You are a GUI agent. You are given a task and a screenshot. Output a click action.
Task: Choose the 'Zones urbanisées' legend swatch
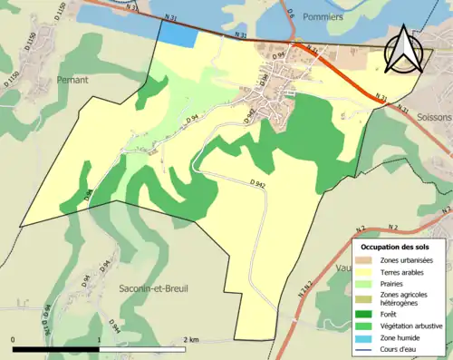point(367,260)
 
